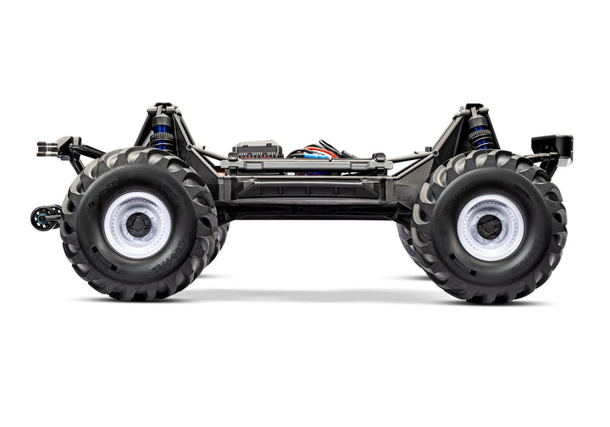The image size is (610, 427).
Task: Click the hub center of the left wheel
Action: tap(138, 225)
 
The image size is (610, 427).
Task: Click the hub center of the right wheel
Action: tap(489, 226)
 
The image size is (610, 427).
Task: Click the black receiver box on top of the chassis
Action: tap(257, 150)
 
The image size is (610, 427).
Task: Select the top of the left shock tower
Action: tap(164, 109)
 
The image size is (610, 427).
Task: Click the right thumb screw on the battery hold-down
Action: tap(379, 158)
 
